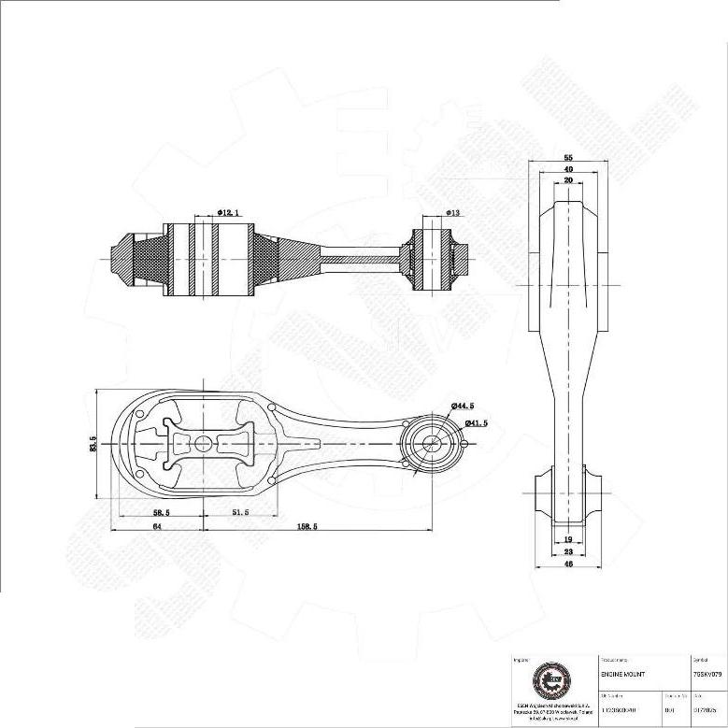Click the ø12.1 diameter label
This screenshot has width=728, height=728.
pyautogui.click(x=231, y=213)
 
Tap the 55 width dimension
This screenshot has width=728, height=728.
pyautogui.click(x=568, y=158)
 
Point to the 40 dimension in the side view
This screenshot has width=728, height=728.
pyautogui.click(x=568, y=169)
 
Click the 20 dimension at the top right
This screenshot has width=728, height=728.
pyautogui.click(x=568, y=180)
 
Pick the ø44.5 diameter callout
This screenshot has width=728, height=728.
pyautogui.click(x=463, y=406)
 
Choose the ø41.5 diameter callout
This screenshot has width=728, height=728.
pyautogui.click(x=476, y=423)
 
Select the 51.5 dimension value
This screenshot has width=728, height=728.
pyautogui.click(x=240, y=513)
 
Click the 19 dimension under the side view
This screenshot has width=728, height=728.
pyautogui.click(x=568, y=540)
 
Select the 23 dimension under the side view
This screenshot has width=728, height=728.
pyautogui.click(x=568, y=551)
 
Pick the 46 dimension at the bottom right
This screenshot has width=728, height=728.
pyautogui.click(x=568, y=564)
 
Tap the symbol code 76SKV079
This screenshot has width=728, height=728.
pyautogui.click(x=707, y=673)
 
